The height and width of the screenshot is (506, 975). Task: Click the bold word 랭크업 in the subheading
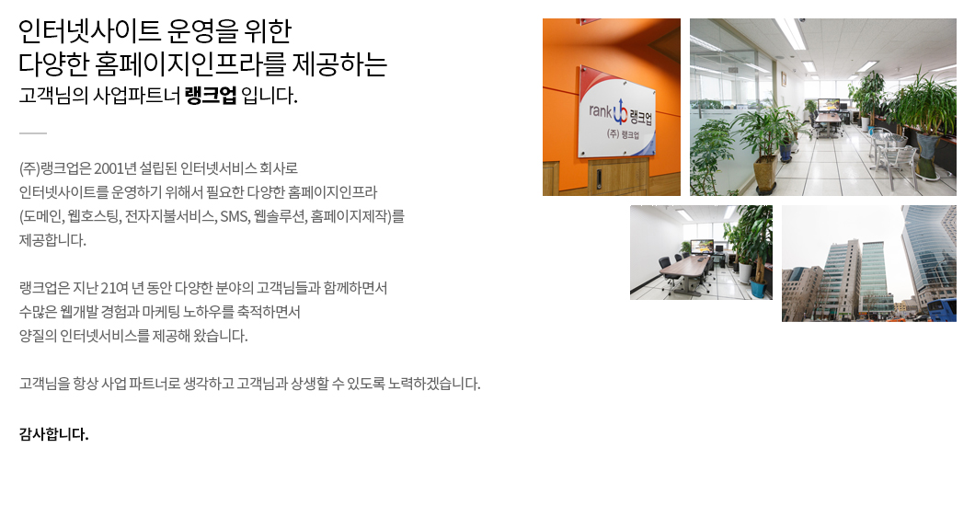(210, 96)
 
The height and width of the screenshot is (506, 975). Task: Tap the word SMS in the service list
(234, 216)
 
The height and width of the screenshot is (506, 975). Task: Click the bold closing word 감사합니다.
(54, 434)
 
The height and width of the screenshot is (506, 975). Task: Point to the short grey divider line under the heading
(33, 133)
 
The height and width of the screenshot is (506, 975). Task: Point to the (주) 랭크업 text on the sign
(623, 133)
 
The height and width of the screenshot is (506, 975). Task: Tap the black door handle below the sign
(599, 178)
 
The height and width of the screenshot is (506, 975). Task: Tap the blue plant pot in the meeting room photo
(758, 289)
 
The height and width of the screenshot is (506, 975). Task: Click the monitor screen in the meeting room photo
(702, 247)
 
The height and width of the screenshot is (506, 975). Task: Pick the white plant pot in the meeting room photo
(745, 273)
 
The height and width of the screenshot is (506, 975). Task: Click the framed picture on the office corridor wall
(784, 79)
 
